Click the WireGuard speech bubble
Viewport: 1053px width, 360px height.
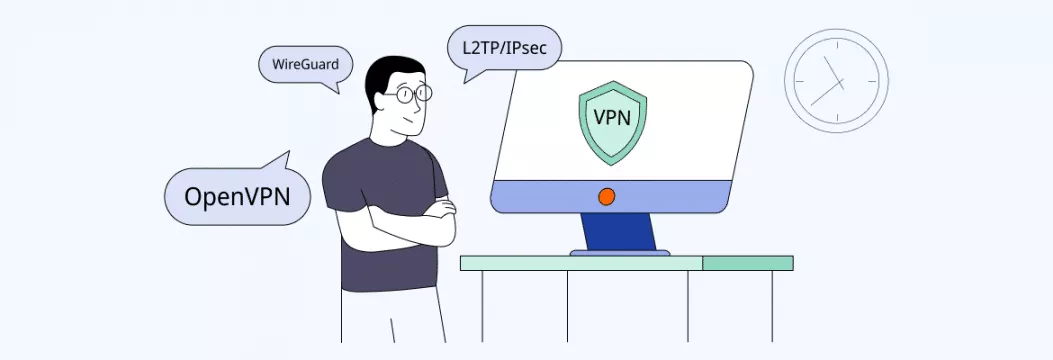[x=306, y=67]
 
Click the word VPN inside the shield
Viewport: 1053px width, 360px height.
[x=612, y=116]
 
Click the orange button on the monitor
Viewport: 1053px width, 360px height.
[x=606, y=197]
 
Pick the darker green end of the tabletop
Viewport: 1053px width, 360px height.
[x=747, y=263]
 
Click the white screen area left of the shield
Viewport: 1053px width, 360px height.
[x=540, y=130]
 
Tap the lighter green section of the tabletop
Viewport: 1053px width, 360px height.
[x=580, y=263]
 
